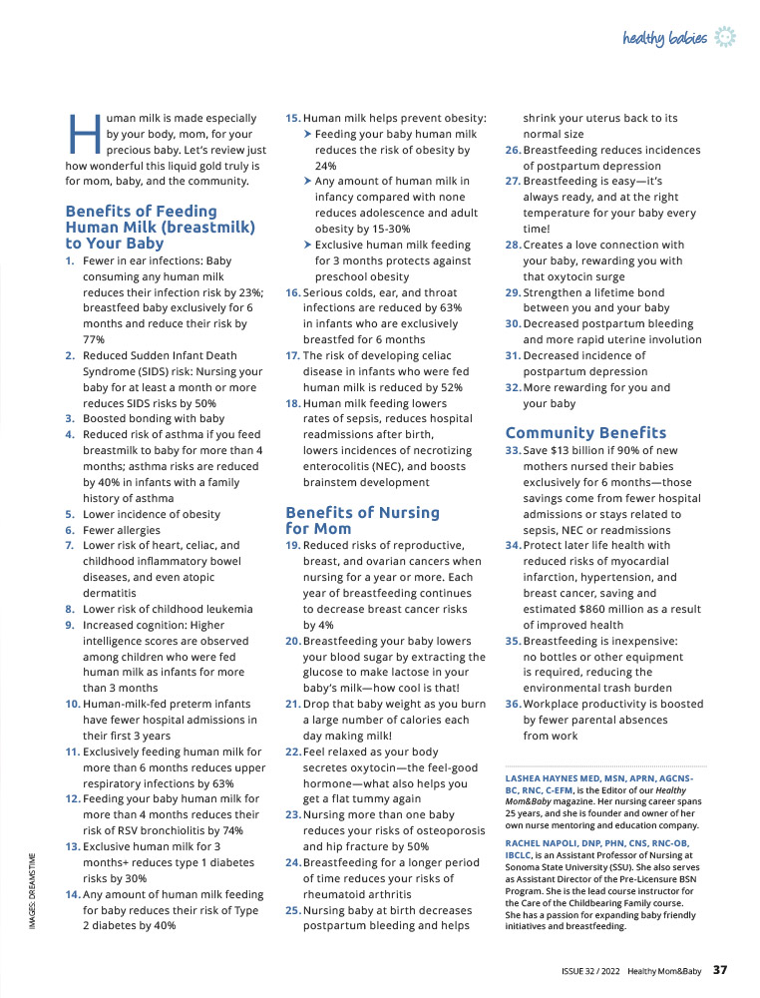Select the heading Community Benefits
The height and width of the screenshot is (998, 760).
585,432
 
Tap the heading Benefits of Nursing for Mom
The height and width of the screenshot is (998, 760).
362,519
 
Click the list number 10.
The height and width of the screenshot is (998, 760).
71,704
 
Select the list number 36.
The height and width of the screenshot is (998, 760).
513,704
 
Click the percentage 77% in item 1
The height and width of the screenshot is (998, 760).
95,339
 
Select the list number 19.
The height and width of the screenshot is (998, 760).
292,545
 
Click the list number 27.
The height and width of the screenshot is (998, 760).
513,182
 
